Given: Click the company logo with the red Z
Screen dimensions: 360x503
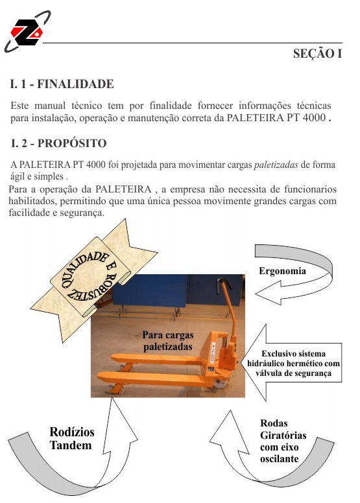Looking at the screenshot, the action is coord(27,31).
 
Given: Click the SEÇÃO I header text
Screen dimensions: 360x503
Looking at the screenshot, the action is coord(317,54).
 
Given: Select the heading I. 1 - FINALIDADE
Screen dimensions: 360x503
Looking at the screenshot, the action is coord(62,84).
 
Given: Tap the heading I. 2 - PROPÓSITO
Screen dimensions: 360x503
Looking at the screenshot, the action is coord(58,143).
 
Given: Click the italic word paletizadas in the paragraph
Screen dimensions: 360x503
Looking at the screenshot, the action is coord(276,165).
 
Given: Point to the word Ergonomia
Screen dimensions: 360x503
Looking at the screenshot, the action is coord(282,271).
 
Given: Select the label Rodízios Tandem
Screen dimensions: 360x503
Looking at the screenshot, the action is coord(71,439).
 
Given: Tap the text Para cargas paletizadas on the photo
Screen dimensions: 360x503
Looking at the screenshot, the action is coord(168,341).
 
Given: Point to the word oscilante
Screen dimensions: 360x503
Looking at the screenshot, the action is coord(279,459).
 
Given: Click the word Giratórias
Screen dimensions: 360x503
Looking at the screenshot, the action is coord(283,436).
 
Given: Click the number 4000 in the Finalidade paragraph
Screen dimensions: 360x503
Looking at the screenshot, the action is coord(314,118).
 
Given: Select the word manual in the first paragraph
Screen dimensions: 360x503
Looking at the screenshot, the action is coord(50,106).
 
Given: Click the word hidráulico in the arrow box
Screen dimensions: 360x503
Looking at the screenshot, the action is coord(265,364).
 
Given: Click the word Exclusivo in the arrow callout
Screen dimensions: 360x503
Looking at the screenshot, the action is coord(274,354).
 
